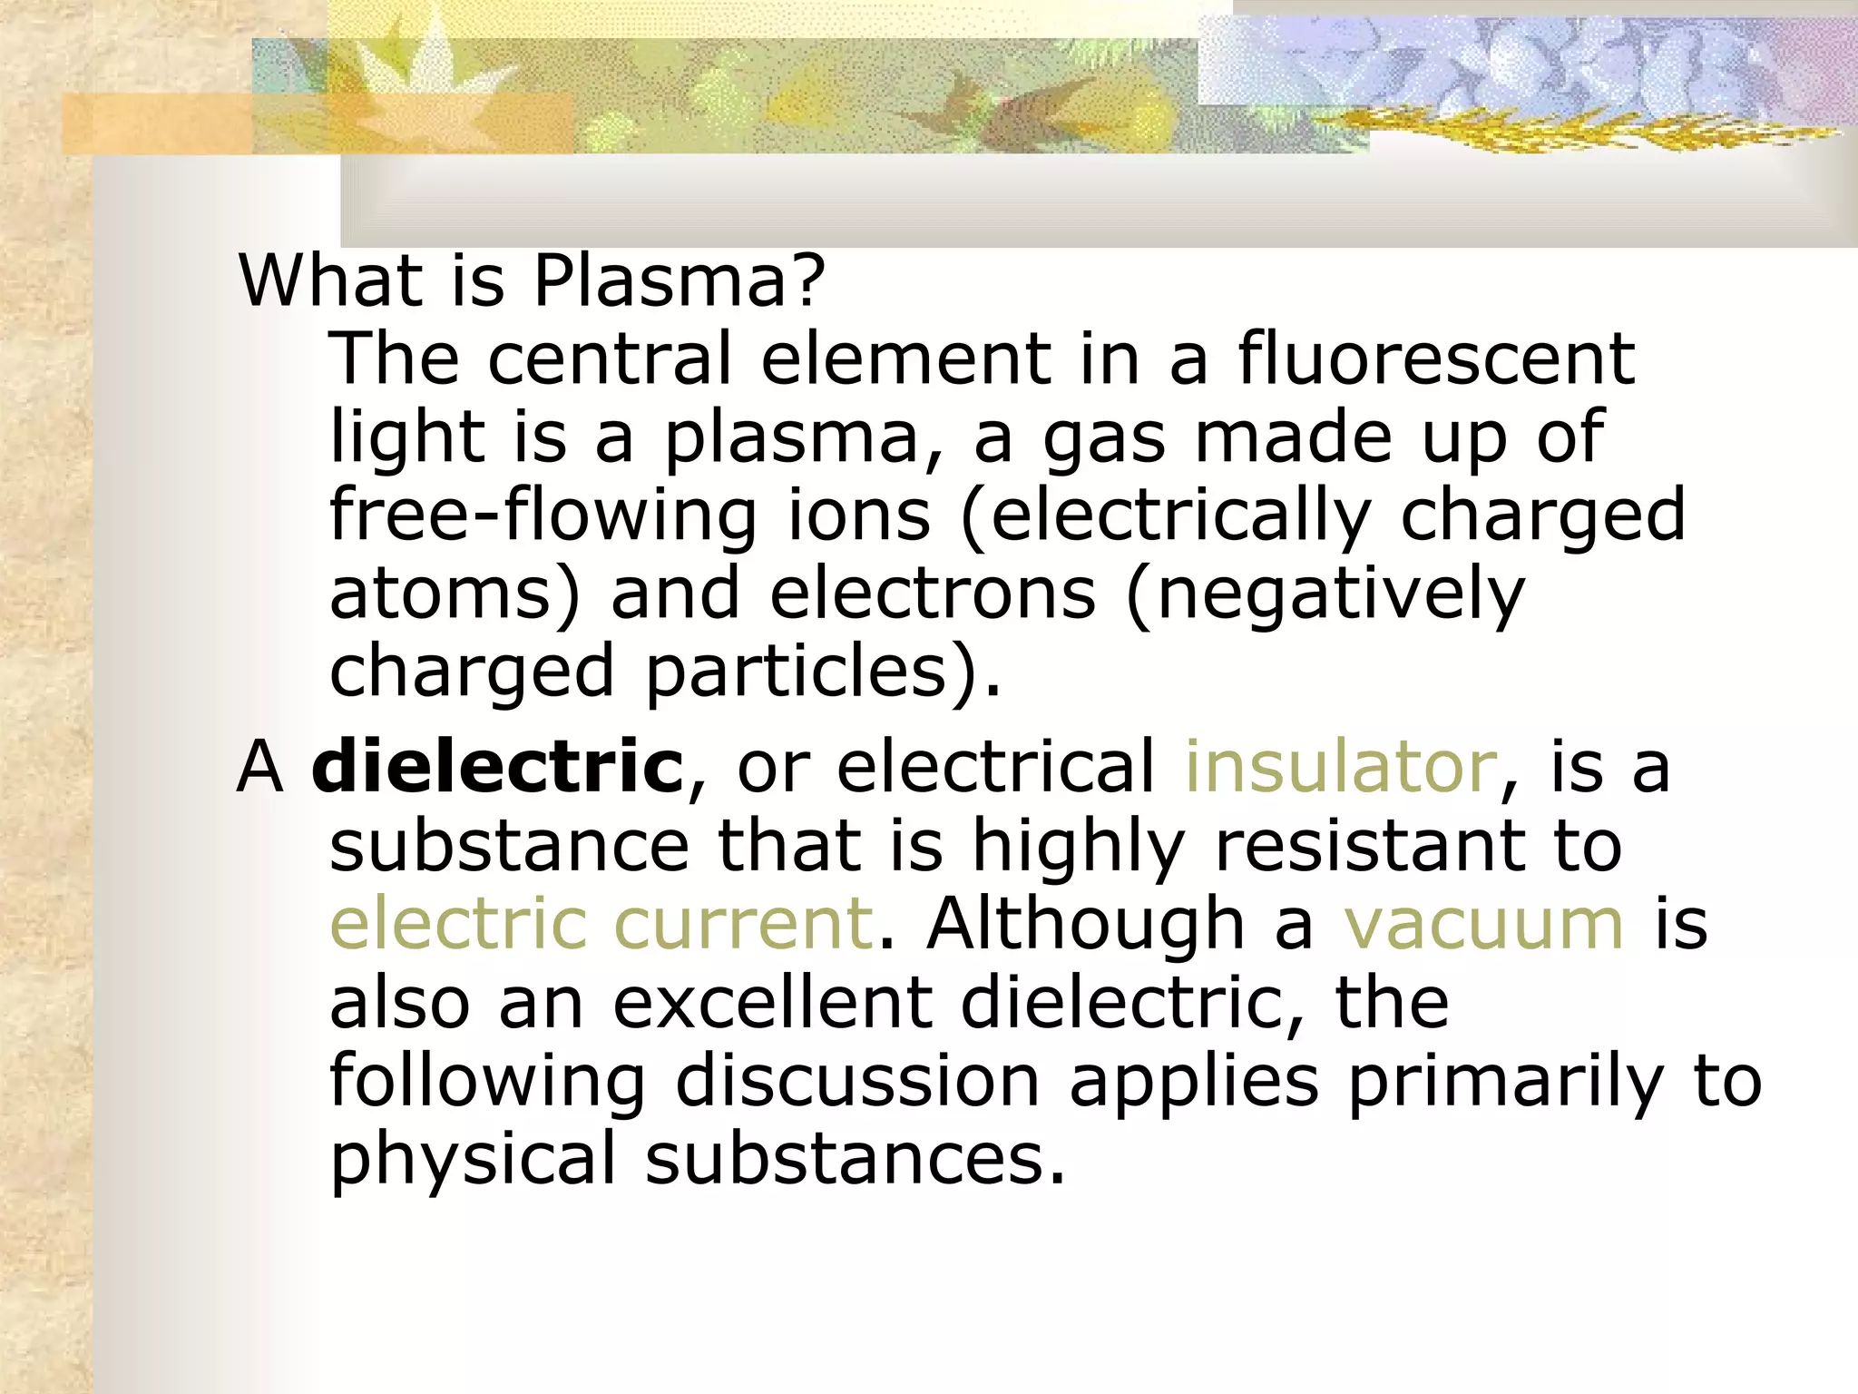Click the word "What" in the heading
(330, 280)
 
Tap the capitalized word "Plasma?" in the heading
(679, 280)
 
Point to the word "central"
(609, 358)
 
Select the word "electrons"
(933, 594)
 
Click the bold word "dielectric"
(497, 767)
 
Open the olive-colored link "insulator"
(1341, 767)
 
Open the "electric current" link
(601, 924)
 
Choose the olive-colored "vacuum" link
(1483, 924)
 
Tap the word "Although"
(1085, 924)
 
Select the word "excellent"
(772, 1003)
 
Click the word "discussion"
(857, 1081)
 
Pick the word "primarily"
(1505, 1081)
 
